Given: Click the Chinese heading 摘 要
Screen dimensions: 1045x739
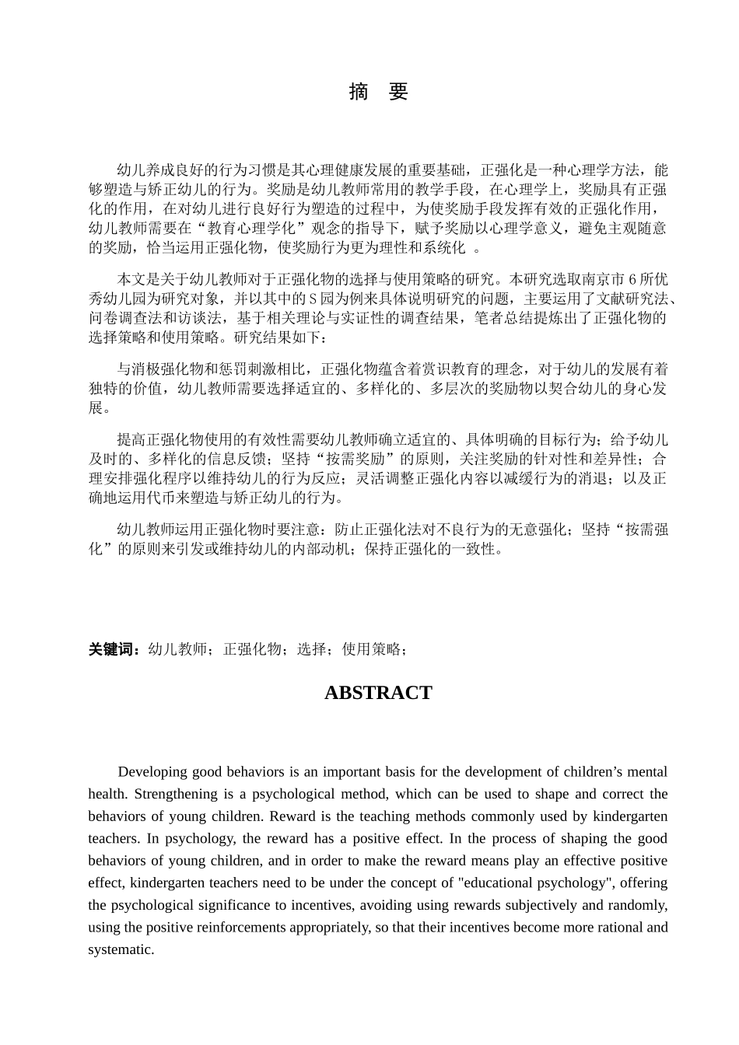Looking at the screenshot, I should [x=378, y=92].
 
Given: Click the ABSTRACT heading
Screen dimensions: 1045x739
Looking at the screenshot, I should [x=377, y=693].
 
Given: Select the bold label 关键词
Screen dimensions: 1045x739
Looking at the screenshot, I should [x=114, y=649].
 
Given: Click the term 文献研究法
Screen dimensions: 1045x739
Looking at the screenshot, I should [x=631, y=299].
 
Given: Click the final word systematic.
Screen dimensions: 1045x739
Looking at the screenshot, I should [x=120, y=949].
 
